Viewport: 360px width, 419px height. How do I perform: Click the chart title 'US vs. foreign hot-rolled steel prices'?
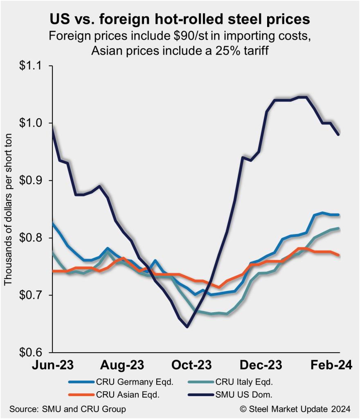point(180,19)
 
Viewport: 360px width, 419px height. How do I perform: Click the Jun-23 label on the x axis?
point(52,365)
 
